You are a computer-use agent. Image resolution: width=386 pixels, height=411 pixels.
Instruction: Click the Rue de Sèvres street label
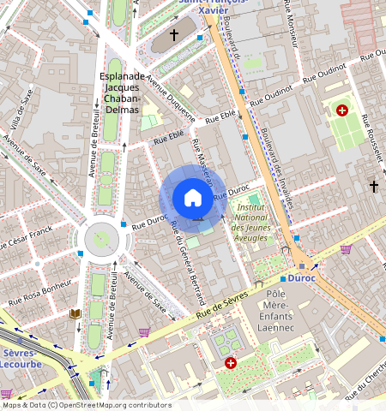pyautogui.click(x=221, y=307)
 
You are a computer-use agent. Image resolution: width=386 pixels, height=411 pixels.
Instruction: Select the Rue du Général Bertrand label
pyautogui.click(x=189, y=262)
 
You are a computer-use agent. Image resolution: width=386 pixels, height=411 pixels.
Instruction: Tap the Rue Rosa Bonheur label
pyautogui.click(x=39, y=291)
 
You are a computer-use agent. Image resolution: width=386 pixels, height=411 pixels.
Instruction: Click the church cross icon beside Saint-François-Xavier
pyautogui.click(x=174, y=35)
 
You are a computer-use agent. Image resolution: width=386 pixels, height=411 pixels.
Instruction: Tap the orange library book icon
pyautogui.click(x=75, y=314)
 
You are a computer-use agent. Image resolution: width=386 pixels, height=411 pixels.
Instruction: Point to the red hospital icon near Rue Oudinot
pyautogui.click(x=342, y=110)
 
